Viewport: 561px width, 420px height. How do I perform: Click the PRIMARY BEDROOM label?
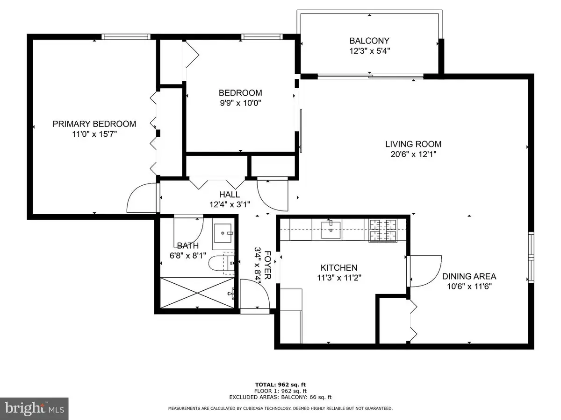coord(94,124)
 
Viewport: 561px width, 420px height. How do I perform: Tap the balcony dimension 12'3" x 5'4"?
coord(369,51)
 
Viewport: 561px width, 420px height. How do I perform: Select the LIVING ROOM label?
coord(413,144)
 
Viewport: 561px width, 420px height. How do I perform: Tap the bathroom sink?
coord(223,231)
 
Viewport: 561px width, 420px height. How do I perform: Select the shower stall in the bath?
coord(196,292)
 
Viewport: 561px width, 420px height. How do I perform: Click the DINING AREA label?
coord(469,276)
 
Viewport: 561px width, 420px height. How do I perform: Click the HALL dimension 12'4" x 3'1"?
coord(230,204)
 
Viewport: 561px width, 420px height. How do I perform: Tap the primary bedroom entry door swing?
coord(141,199)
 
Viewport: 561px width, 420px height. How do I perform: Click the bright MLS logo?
coord(34,408)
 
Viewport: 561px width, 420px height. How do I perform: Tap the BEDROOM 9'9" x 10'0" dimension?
coord(240,103)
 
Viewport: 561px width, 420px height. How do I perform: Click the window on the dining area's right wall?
coord(531,257)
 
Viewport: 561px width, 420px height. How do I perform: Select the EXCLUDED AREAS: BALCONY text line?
coord(280,397)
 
